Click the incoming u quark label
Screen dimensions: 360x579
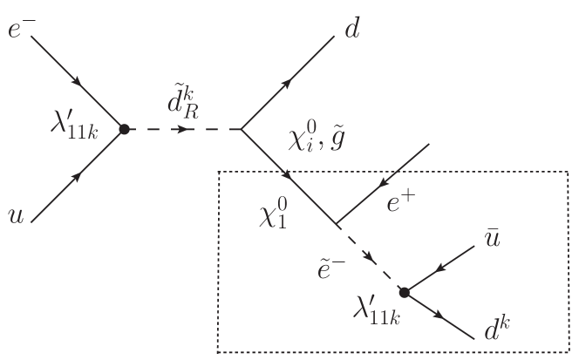pos(16,214)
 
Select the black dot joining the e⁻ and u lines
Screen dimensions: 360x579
pos(124,129)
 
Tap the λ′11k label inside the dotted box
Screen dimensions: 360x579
pos(376,309)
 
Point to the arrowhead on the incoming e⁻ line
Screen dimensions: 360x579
pos(79,82)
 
